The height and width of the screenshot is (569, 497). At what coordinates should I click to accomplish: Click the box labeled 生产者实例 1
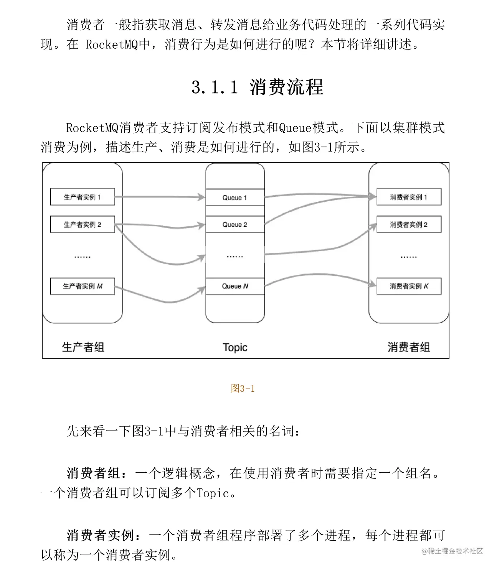[x=83, y=197]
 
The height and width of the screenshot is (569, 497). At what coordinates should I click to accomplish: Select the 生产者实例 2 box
[x=83, y=224]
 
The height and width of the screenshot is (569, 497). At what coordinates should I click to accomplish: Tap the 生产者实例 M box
[x=83, y=286]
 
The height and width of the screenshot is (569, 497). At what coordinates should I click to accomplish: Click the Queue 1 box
[x=235, y=198]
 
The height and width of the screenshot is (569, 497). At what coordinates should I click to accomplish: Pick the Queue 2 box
[x=235, y=224]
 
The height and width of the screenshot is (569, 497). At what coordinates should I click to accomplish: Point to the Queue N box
[x=235, y=286]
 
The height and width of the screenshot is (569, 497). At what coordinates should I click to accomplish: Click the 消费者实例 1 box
[x=409, y=197]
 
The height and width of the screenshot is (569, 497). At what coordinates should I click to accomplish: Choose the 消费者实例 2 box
[x=409, y=224]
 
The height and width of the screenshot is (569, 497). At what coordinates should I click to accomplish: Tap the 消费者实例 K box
[x=409, y=286]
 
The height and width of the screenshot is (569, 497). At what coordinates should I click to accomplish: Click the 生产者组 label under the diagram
[x=83, y=347]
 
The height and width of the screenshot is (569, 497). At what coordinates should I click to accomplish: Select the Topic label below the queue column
[x=235, y=347]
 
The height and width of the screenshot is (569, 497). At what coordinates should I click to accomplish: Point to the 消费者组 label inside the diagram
[x=408, y=347]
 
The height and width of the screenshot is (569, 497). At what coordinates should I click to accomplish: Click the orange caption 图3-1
[x=243, y=389]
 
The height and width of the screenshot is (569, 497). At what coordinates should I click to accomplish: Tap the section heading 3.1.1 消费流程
[x=258, y=87]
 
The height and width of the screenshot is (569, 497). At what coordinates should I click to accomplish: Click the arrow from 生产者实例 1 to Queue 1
[x=159, y=197]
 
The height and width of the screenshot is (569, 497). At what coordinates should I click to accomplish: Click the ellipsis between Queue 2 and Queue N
[x=235, y=256]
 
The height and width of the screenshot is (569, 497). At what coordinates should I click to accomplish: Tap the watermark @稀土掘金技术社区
[x=452, y=551]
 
